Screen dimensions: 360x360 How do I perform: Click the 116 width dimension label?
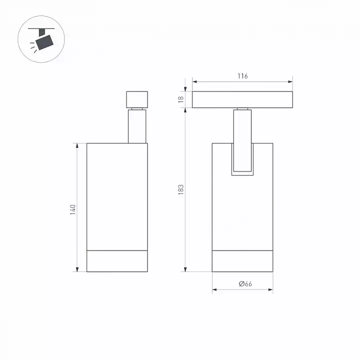pyautogui.click(x=242, y=76)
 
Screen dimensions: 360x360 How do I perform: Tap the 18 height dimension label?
pyautogui.click(x=181, y=99)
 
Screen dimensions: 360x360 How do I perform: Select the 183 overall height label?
pyautogui.click(x=181, y=189)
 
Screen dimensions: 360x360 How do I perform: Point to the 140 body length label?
pyautogui.click(x=73, y=209)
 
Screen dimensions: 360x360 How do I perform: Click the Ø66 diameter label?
pyautogui.click(x=245, y=284)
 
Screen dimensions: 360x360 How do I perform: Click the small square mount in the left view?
pyautogui.click(x=137, y=99)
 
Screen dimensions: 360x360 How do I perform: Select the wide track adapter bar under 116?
pyautogui.click(x=242, y=99)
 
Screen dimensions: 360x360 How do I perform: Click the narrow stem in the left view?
pyautogui.click(x=137, y=126)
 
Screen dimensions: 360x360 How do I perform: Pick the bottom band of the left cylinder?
pyautogui.click(x=117, y=261)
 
